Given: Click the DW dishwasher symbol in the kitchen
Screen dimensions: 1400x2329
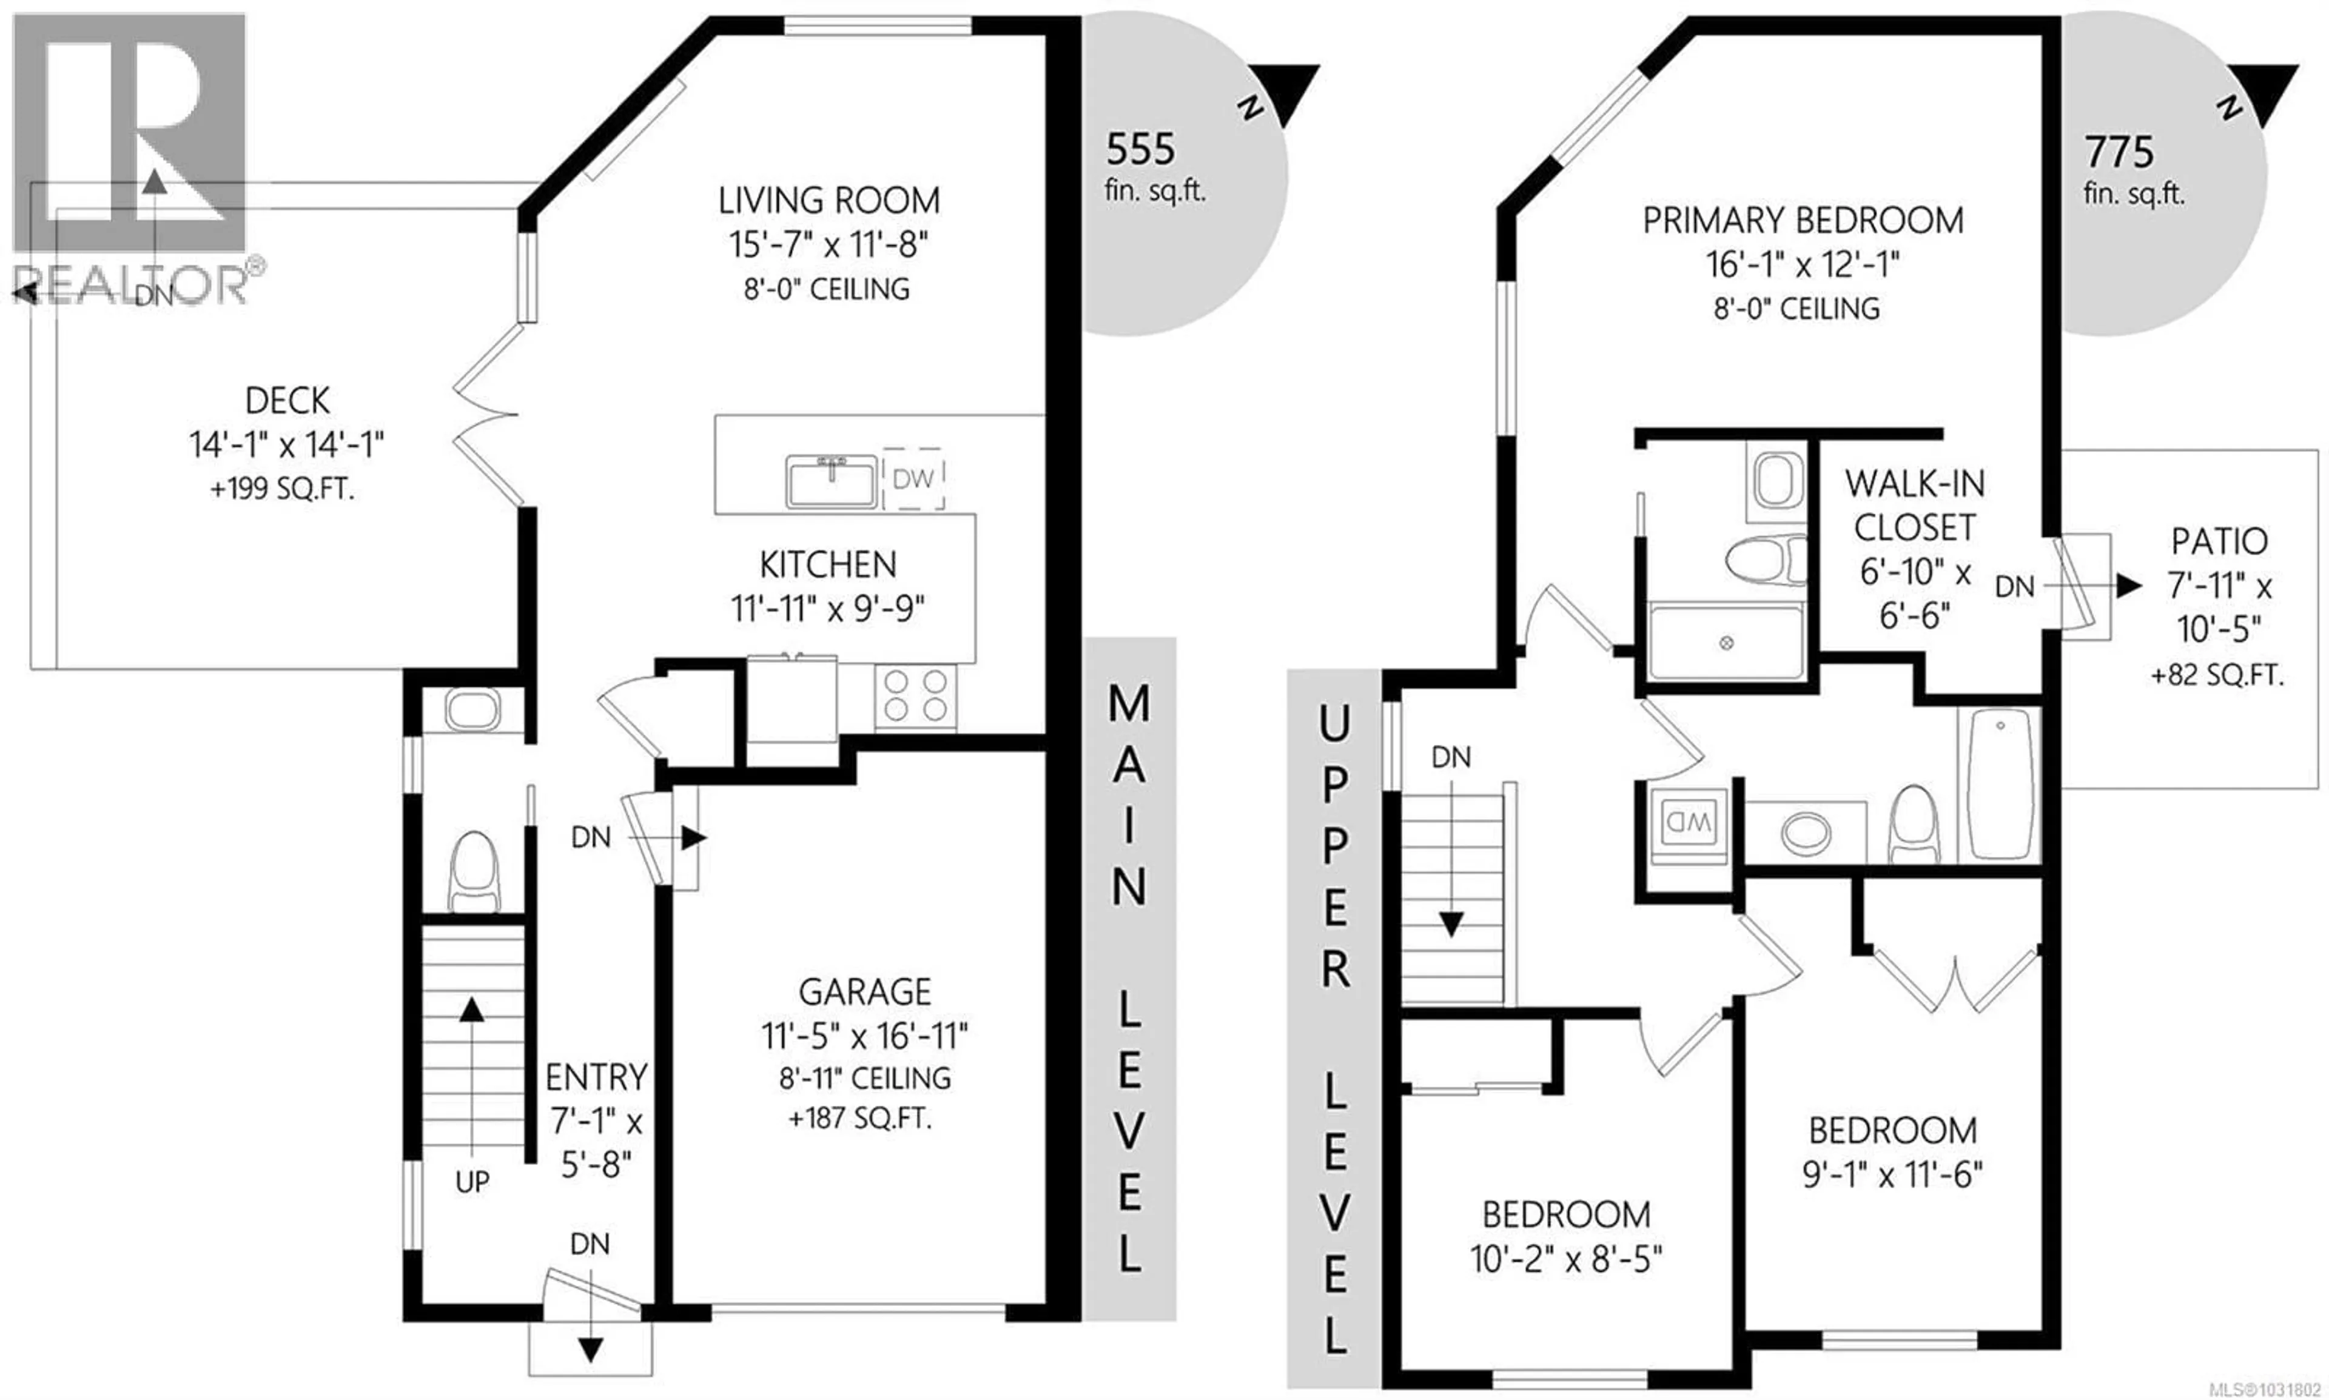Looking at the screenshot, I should [x=913, y=478].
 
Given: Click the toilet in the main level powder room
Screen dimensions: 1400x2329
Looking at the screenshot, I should [x=474, y=871].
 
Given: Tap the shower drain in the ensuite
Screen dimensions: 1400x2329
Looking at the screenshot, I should [x=1726, y=643].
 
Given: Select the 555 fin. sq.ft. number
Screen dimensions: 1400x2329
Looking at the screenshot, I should [x=1140, y=149].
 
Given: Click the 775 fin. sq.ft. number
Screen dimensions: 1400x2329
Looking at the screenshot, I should [x=2119, y=152].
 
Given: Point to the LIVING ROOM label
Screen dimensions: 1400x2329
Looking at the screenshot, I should [x=828, y=201].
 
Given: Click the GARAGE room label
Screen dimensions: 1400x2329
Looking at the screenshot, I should [x=864, y=991].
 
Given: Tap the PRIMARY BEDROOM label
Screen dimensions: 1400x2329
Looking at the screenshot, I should [x=1803, y=221].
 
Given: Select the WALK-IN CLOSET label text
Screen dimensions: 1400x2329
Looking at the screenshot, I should [x=1915, y=506].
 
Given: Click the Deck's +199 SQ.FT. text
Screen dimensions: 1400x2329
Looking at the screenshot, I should [x=283, y=490].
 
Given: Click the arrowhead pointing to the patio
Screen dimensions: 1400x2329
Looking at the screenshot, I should [x=2128, y=586].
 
